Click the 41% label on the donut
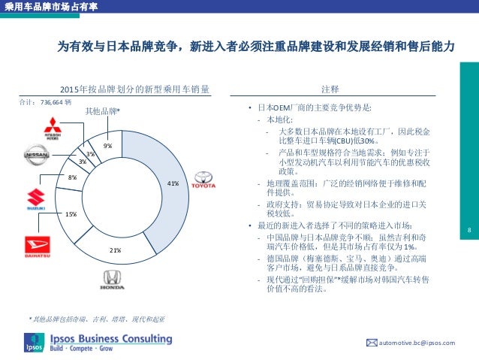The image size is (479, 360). pyautogui.click(x=173, y=183)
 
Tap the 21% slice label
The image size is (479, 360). pyautogui.click(x=116, y=250)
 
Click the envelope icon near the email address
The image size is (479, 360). pyautogui.click(x=370, y=343)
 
